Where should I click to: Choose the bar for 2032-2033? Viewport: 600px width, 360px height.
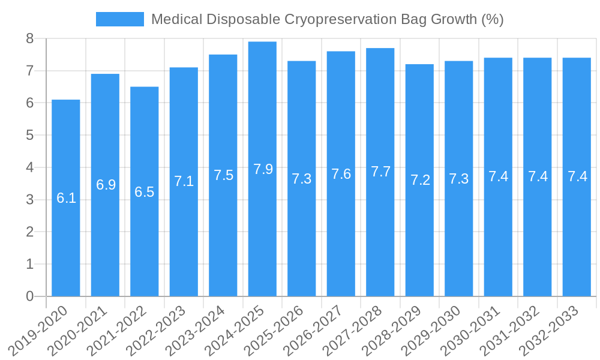coord(577,240)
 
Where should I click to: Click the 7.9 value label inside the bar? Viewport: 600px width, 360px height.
coord(263,169)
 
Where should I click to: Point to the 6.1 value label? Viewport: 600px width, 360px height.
coord(66,198)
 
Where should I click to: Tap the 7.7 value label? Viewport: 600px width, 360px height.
coord(380,172)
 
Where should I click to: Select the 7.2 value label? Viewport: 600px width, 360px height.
coord(420,180)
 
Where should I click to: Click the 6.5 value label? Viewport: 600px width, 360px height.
coord(144,192)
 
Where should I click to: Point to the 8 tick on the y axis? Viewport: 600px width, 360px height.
coord(29,39)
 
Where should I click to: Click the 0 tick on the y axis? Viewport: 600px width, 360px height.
coord(29,296)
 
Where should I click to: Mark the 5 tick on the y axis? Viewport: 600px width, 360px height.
coord(29,136)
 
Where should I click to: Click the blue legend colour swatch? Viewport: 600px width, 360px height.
coord(120,19)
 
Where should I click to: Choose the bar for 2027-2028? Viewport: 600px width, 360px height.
coord(380,240)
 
